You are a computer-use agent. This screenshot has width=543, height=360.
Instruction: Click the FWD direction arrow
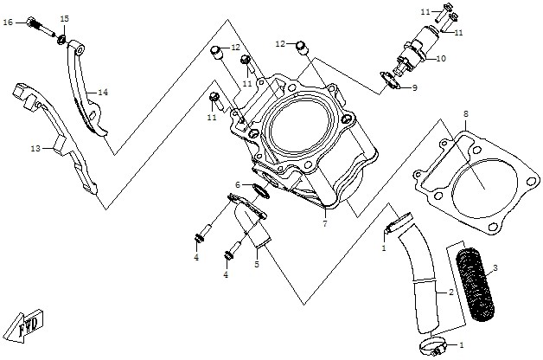tap(25, 325)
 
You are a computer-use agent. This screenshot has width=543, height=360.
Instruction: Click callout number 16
tap(8, 22)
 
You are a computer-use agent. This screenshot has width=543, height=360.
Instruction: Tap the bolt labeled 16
tap(40, 26)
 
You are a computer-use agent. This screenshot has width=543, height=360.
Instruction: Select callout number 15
tap(65, 18)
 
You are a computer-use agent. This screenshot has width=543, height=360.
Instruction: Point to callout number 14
tap(103, 93)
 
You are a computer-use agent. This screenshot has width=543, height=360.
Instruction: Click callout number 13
tap(35, 149)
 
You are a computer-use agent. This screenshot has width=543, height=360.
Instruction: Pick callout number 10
tap(441, 59)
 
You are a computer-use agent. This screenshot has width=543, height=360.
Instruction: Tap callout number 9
tap(414, 88)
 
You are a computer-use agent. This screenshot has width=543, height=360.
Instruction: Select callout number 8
tap(466, 114)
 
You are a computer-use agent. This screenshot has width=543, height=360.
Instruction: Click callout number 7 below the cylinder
tap(325, 224)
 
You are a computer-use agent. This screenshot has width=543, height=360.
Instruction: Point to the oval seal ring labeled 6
tap(261, 191)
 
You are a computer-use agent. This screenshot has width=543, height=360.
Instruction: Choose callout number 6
tap(238, 184)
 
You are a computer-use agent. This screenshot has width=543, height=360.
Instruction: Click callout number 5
tap(257, 264)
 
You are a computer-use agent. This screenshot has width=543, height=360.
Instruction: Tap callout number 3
tap(495, 267)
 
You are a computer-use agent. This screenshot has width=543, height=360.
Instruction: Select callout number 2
tap(450, 292)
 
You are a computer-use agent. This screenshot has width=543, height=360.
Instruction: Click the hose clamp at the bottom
tap(433, 346)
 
